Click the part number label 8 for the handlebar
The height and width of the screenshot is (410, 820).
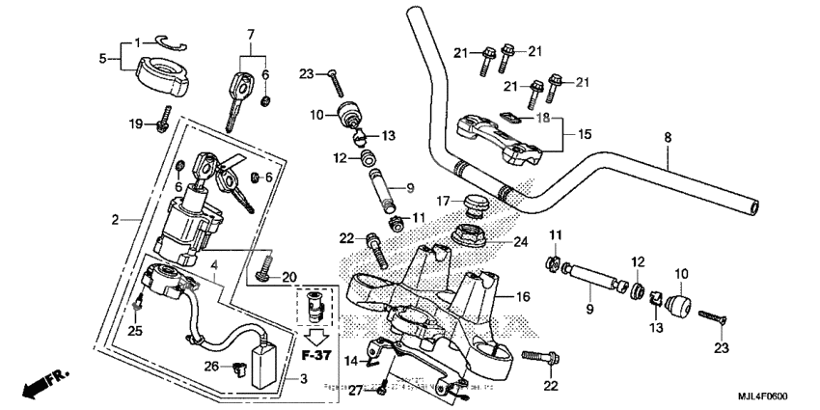667,138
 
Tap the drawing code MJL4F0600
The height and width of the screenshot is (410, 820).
779,396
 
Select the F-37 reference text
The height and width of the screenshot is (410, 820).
315,355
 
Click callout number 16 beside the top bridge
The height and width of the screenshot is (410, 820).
522,298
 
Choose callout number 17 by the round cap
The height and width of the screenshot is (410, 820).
443,201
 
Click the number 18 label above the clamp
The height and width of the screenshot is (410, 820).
543,117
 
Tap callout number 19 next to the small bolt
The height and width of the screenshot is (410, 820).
136,123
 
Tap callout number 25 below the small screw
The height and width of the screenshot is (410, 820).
136,331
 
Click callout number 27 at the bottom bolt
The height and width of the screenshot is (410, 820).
356,389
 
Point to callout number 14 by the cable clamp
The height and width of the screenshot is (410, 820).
352,360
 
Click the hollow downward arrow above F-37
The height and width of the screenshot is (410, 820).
315,335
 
